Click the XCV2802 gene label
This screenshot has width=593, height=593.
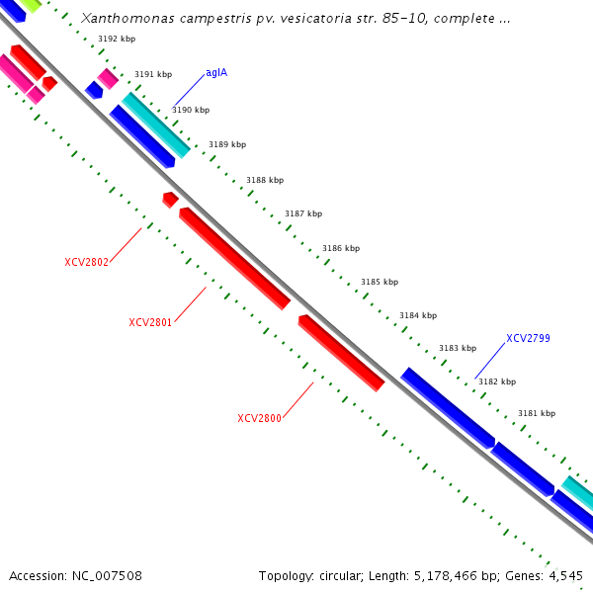pyautogui.click(x=86, y=262)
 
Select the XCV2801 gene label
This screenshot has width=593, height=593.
pyautogui.click(x=150, y=322)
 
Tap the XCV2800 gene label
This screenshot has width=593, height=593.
pyautogui.click(x=259, y=418)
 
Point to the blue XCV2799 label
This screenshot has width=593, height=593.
pyautogui.click(x=528, y=338)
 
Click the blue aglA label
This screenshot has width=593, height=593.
pyautogui.click(x=216, y=73)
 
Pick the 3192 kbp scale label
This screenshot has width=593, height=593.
pyautogui.click(x=117, y=39)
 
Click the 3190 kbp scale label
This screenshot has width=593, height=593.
pyautogui.click(x=191, y=110)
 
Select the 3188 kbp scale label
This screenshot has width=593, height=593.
pyautogui.click(x=265, y=180)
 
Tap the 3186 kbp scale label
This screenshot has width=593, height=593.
pyautogui.click(x=341, y=248)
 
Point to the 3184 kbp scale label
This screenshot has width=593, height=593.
pyautogui.click(x=418, y=315)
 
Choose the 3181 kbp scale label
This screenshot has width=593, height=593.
pyautogui.click(x=537, y=413)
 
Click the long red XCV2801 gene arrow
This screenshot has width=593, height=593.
pyautogui.click(x=235, y=258)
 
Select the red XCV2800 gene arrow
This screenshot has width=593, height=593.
pyautogui.click(x=341, y=353)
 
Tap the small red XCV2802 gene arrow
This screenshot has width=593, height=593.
pyautogui.click(x=170, y=200)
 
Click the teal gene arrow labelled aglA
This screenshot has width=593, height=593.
pyautogui.click(x=156, y=125)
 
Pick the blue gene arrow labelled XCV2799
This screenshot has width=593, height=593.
pyautogui.click(x=447, y=407)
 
